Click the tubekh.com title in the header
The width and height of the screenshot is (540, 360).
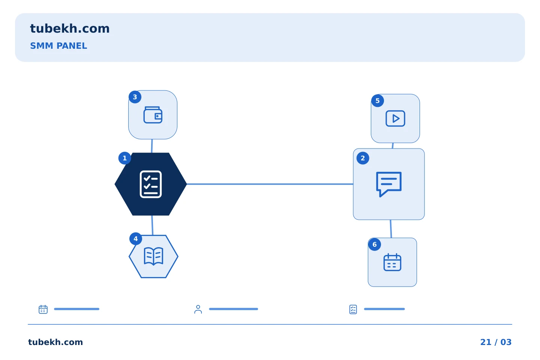click(70, 28)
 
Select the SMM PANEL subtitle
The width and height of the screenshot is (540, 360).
click(58, 46)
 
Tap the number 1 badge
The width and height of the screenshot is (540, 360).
click(124, 158)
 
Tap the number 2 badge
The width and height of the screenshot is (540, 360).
click(363, 158)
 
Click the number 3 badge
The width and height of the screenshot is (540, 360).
click(135, 97)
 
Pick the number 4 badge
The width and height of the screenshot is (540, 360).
click(136, 239)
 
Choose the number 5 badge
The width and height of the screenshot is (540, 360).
click(378, 101)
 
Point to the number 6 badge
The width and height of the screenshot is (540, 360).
click(375, 244)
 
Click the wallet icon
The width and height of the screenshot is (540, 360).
click(153, 115)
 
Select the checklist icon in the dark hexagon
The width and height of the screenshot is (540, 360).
click(151, 184)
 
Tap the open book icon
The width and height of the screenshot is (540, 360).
click(154, 256)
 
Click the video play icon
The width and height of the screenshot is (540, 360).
click(395, 118)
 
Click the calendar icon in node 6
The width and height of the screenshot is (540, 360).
click(393, 262)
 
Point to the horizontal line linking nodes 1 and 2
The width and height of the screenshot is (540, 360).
click(270, 184)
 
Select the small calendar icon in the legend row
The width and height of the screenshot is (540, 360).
click(43, 309)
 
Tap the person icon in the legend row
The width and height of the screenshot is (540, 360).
click(198, 309)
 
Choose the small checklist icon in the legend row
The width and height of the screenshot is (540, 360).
click(353, 309)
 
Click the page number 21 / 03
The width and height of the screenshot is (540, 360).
click(496, 342)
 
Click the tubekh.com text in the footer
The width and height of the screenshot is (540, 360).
click(55, 342)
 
